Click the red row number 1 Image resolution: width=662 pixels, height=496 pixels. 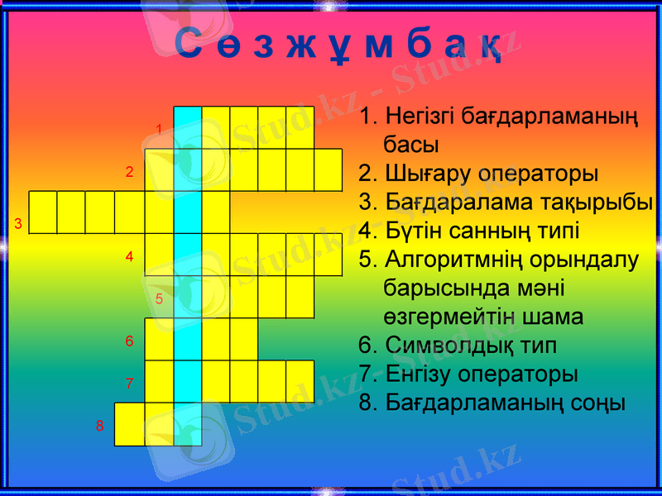(x=160, y=129)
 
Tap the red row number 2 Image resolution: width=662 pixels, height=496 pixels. (x=129, y=173)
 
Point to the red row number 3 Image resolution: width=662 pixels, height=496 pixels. (x=17, y=224)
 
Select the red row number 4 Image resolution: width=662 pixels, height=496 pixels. (x=129, y=257)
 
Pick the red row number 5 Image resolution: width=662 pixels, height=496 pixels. (x=160, y=299)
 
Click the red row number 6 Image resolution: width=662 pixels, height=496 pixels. (x=129, y=341)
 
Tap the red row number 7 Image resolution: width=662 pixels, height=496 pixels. (x=129, y=384)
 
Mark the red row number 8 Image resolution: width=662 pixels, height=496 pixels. (x=99, y=426)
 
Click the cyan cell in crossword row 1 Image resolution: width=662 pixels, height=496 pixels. (x=188, y=127)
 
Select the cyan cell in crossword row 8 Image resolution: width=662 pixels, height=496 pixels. (x=188, y=423)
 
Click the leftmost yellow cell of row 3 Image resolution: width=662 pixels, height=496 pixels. (x=43, y=212)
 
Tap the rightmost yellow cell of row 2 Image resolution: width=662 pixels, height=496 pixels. (x=328, y=170)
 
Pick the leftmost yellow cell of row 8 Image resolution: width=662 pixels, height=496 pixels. (x=129, y=423)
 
